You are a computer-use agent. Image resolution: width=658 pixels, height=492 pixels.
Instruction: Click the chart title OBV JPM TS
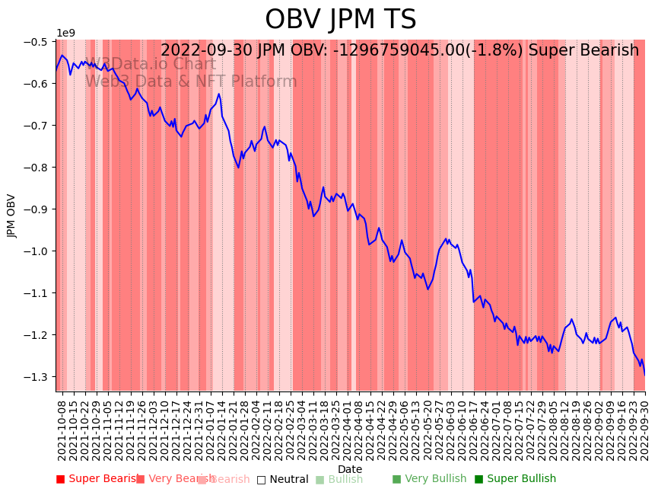point(340,20)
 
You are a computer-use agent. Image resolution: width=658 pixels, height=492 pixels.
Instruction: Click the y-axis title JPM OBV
point(12,216)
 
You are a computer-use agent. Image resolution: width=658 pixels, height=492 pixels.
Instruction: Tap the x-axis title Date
point(350,469)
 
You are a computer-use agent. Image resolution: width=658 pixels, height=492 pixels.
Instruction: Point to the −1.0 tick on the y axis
point(35,251)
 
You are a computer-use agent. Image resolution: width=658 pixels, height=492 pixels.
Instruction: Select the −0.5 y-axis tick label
point(35,41)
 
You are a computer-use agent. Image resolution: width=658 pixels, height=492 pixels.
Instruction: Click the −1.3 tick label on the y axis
point(35,377)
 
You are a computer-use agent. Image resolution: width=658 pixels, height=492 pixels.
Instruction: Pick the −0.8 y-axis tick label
point(35,168)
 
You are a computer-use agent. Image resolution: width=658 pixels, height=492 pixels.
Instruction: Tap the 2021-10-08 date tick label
point(62,429)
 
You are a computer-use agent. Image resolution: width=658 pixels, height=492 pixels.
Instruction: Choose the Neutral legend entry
point(284,479)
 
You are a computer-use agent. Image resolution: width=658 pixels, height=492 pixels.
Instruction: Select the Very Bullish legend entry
point(430,479)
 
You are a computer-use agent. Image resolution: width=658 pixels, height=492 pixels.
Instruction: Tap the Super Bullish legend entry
point(516,479)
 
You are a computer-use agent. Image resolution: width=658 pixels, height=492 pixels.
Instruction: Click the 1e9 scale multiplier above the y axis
point(65,34)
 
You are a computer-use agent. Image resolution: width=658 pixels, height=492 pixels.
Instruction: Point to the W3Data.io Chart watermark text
point(151,64)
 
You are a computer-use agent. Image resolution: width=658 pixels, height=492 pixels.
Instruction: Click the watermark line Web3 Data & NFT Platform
point(191,81)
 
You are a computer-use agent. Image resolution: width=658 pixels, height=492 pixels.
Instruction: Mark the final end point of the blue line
point(645,375)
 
